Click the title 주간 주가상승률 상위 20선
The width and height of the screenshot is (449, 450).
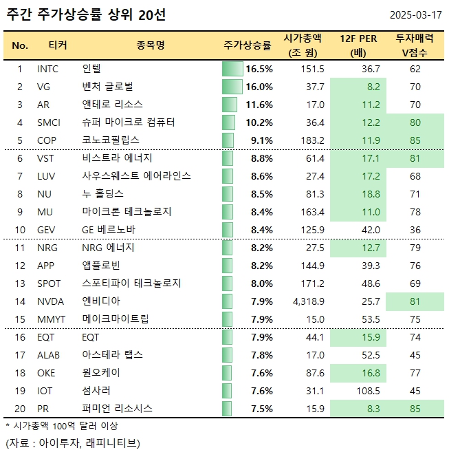click(x=86, y=14)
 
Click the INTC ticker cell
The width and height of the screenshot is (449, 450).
click(x=49, y=69)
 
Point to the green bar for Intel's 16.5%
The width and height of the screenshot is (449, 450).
click(x=233, y=69)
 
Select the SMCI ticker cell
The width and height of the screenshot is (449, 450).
click(x=50, y=122)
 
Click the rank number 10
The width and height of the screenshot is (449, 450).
click(x=20, y=230)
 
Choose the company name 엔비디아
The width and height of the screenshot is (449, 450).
click(x=100, y=301)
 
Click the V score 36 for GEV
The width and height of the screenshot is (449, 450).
click(x=415, y=230)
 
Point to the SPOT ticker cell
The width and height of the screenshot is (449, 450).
click(x=50, y=283)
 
